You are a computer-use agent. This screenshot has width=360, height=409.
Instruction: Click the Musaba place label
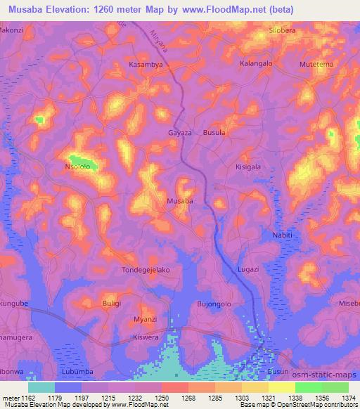[179, 202]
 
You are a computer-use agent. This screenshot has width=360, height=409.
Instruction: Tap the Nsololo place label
[78, 168]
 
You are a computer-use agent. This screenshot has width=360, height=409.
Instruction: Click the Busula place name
[214, 132]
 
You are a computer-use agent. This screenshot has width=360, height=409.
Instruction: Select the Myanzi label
[145, 320]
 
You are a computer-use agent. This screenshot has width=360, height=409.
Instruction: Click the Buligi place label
[93, 304]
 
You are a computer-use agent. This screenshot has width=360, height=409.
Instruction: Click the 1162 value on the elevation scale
[27, 398]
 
